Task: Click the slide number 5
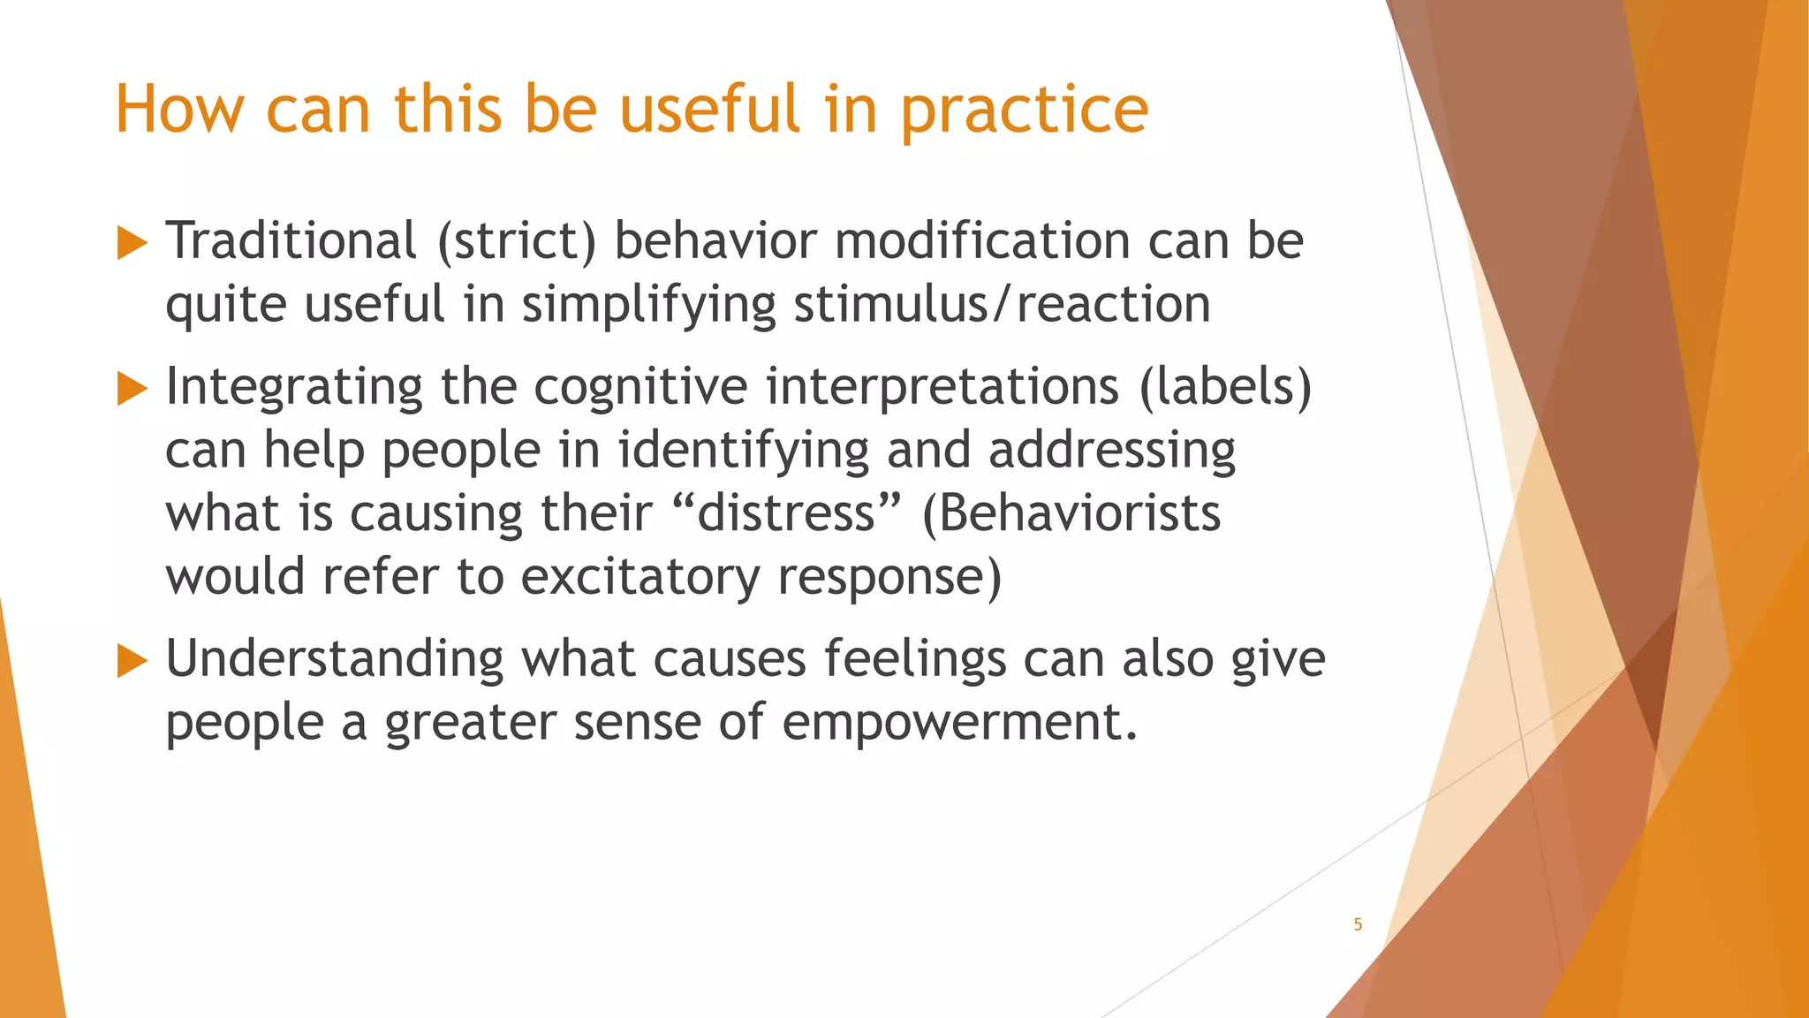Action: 1358,924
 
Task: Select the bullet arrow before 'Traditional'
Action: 132,243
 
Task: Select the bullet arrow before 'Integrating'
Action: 132,389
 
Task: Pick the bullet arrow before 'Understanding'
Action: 132,661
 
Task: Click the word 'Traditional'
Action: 291,240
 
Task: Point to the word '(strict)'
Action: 517,240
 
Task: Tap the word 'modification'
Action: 982,240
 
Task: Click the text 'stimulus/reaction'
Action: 1002,305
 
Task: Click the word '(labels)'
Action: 1225,387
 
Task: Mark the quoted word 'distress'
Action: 786,513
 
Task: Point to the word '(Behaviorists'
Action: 1071,513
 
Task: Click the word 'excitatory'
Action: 640,577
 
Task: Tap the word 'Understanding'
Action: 334,659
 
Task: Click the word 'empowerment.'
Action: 959,723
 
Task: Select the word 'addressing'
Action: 1111,451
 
